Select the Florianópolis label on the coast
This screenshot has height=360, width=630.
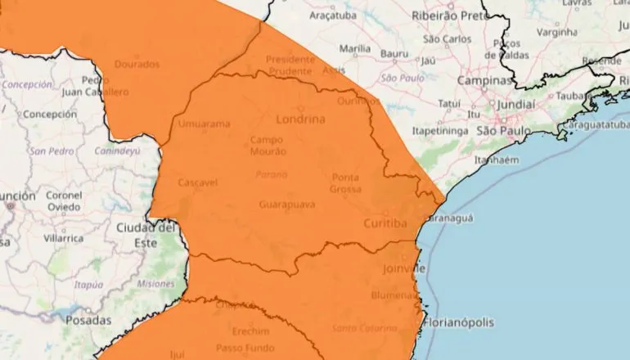click(459, 322)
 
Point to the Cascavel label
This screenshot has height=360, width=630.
click(197, 182)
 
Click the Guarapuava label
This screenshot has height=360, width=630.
click(286, 204)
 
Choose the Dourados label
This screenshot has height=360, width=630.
click(137, 62)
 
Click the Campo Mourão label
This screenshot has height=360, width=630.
click(268, 146)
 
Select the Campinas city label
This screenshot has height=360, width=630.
click(484, 82)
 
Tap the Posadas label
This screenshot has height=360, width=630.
click(88, 320)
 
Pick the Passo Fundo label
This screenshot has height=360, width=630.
click(244, 348)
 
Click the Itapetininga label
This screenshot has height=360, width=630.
click(439, 130)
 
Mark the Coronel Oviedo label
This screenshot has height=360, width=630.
click(64, 200)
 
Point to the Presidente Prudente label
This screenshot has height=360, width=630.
click(290, 65)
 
